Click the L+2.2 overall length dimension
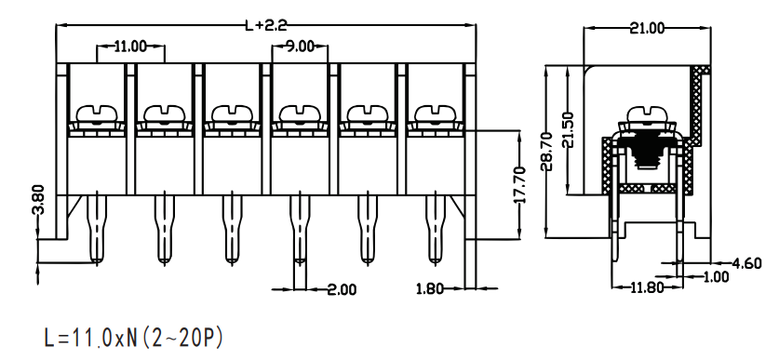(x=266, y=25)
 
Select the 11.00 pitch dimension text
(x=130, y=47)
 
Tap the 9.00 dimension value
(x=300, y=47)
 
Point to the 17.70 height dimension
(x=519, y=185)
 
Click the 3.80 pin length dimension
(x=38, y=199)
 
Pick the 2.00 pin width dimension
(x=342, y=289)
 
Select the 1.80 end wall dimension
(x=429, y=288)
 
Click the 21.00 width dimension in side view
(x=647, y=28)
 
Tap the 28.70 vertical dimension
(x=546, y=152)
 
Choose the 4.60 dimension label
(x=746, y=263)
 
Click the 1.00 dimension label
(x=715, y=276)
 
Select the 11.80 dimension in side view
(x=647, y=287)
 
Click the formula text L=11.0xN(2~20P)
(x=133, y=339)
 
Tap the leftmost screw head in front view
(x=97, y=113)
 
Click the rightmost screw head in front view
(x=435, y=113)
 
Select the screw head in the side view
(x=647, y=114)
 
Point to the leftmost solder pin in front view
(x=97, y=229)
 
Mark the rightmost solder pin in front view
(x=435, y=229)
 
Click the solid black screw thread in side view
(x=647, y=152)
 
